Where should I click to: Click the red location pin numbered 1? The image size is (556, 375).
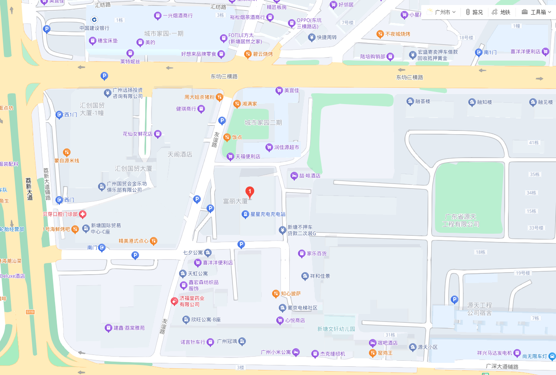[x=250, y=192]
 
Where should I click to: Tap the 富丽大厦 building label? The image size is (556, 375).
[x=235, y=202]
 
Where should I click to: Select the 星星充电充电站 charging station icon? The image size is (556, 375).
[x=245, y=214]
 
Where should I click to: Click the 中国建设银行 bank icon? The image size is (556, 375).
[x=94, y=20]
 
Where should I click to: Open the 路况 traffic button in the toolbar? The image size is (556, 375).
[x=474, y=12]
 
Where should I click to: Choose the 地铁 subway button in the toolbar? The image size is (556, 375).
[x=501, y=12]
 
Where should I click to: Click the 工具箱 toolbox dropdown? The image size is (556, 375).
[x=536, y=12]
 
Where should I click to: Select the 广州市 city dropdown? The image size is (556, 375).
[x=442, y=12]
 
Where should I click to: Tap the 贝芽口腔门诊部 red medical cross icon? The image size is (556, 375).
[x=83, y=214]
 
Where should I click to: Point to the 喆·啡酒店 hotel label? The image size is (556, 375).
[x=309, y=176]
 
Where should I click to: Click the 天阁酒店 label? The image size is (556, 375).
[x=180, y=155]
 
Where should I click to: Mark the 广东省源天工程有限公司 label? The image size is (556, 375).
[x=460, y=220]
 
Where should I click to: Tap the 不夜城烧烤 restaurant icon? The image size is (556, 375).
[x=380, y=34]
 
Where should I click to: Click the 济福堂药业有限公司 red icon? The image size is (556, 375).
[x=174, y=301]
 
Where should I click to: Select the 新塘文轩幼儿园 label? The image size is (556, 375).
[x=336, y=329]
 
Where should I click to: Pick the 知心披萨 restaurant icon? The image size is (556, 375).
[x=275, y=294]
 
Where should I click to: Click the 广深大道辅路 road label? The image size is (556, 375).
[x=502, y=367]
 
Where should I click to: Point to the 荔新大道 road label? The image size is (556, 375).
[x=29, y=189]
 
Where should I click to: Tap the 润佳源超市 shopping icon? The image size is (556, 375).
[x=269, y=147]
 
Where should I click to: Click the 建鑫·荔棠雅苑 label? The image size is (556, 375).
[x=129, y=328]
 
